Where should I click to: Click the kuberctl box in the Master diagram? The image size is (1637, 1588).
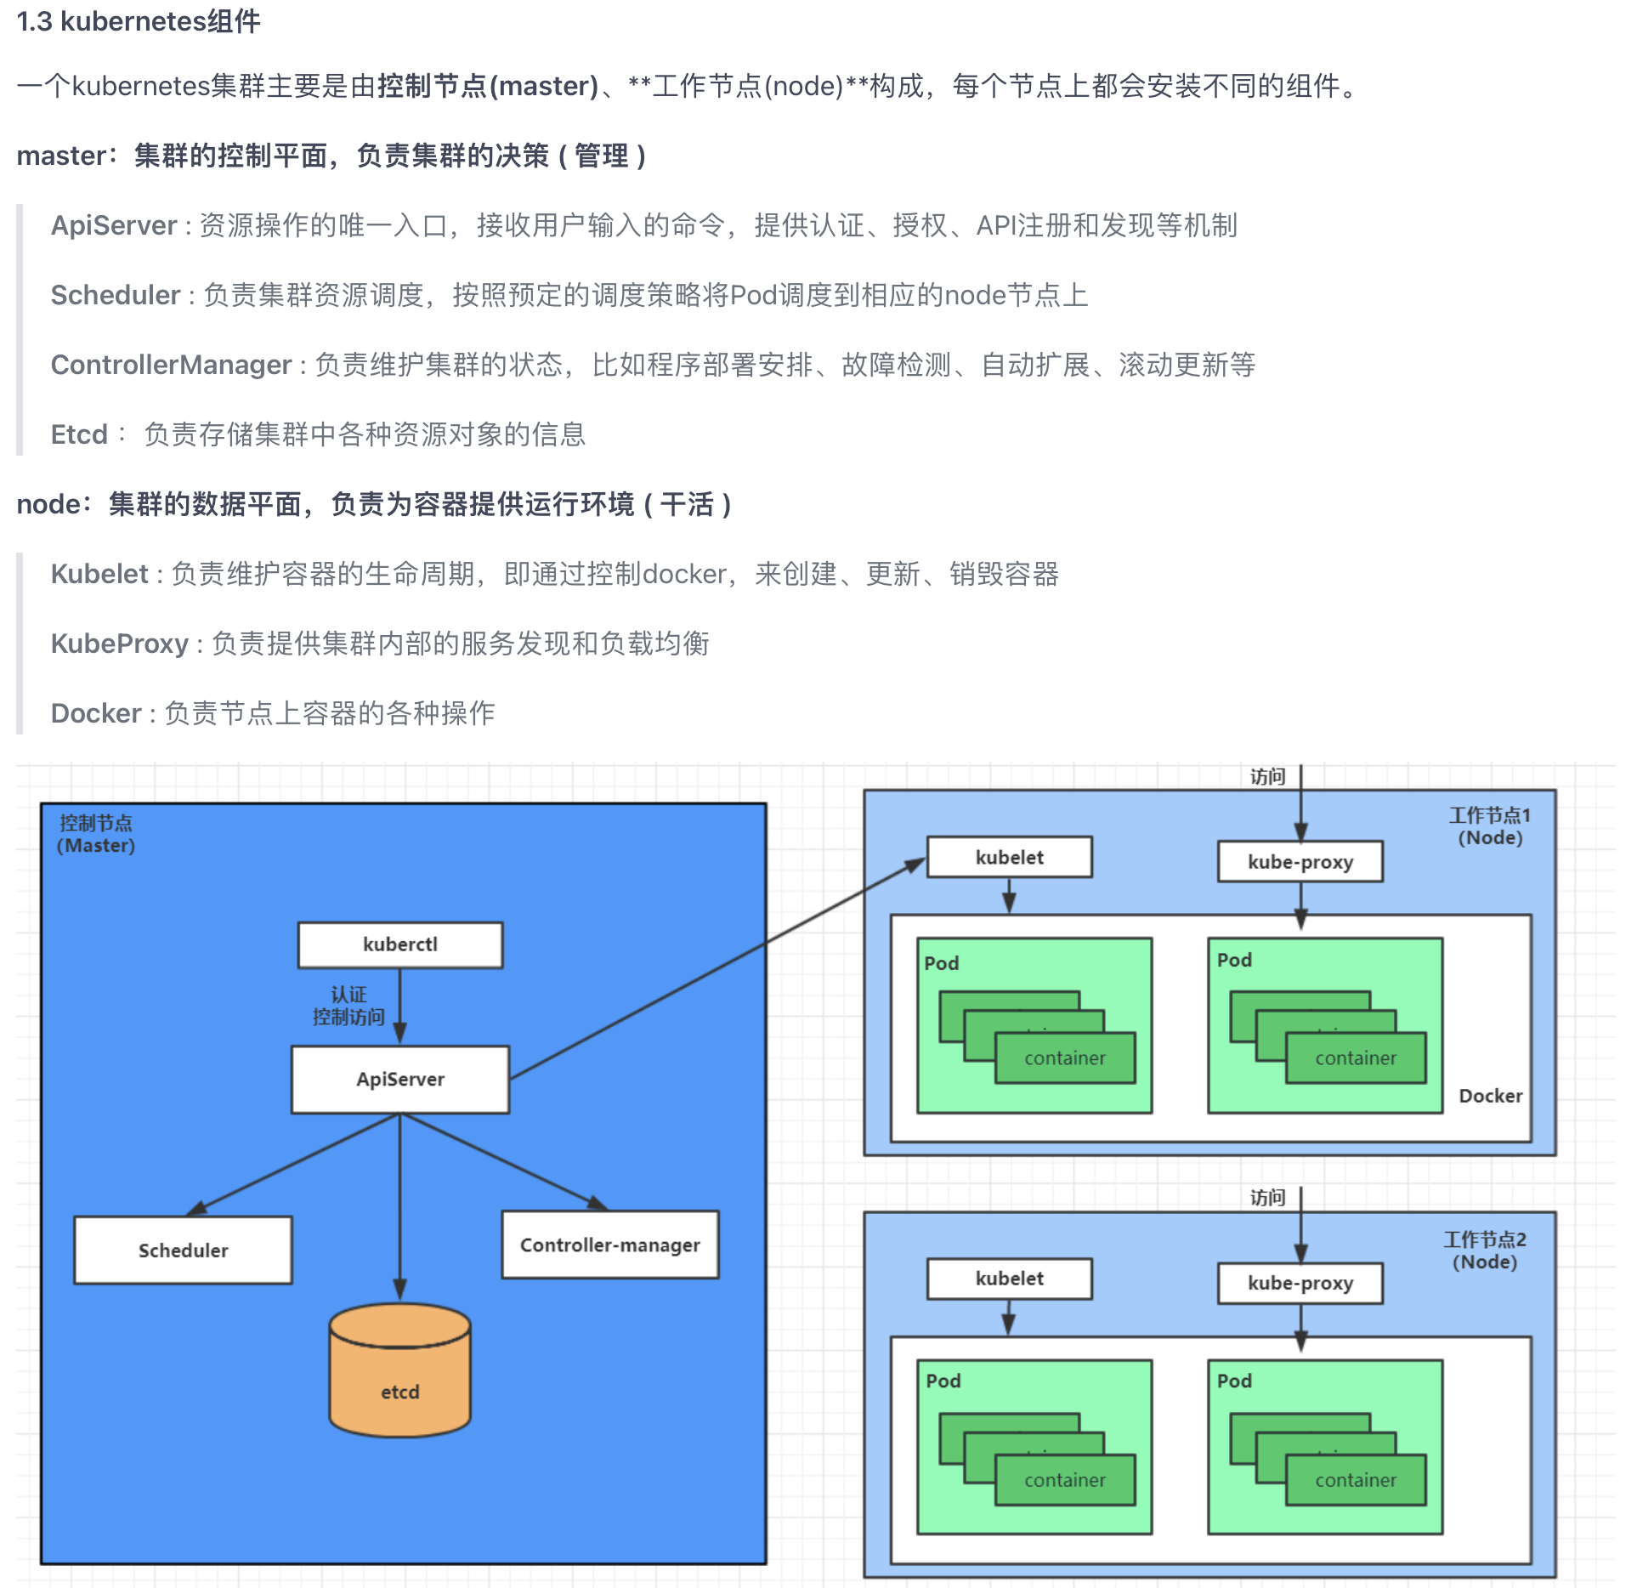[x=399, y=944]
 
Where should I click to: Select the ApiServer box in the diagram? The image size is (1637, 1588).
[x=399, y=1079]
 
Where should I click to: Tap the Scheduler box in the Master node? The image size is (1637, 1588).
[x=183, y=1250]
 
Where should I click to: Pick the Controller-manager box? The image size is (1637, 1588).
[x=609, y=1245]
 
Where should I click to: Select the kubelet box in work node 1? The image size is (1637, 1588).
[x=1009, y=857]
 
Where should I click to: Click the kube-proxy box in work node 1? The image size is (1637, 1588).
[x=1300, y=861]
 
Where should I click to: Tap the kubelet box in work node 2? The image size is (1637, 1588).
[x=1009, y=1279]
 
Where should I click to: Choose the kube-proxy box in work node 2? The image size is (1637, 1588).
[x=1300, y=1283]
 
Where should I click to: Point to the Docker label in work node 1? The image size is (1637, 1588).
[x=1490, y=1096]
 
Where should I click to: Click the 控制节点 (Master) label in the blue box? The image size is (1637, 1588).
[x=96, y=834]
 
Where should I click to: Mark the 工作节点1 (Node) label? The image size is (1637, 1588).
[x=1489, y=826]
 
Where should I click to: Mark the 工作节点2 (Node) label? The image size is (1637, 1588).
[x=1484, y=1250]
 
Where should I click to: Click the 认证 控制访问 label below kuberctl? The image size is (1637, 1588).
[x=348, y=1006]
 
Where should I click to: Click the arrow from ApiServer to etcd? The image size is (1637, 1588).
[x=399, y=1207]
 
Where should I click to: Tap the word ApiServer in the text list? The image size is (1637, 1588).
[x=114, y=225]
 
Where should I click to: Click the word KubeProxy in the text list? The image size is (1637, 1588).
[x=120, y=644]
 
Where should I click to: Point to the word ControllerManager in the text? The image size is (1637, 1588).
[x=171, y=365]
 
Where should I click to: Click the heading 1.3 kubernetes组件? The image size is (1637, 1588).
[x=139, y=20]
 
